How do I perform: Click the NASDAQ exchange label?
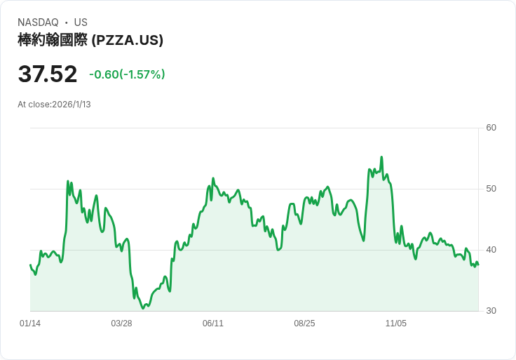coord(38,22)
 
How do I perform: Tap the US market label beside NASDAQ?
coord(81,22)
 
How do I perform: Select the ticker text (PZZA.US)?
coord(128,40)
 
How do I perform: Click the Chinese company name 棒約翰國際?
coord(53,40)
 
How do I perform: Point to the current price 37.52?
coord(48,74)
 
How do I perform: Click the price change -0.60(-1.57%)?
coord(127,74)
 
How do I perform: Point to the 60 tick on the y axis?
coord(491,128)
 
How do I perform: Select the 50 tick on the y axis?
coord(491,189)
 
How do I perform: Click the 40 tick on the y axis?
coord(491,250)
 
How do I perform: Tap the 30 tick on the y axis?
coord(491,311)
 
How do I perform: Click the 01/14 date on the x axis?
coord(30,324)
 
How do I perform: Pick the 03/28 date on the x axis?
coord(121,324)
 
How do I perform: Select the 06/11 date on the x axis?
coord(213,324)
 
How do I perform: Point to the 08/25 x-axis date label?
coord(304,324)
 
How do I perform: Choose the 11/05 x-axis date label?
coord(396,324)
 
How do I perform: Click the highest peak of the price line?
coord(381,157)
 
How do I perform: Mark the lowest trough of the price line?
coord(143,307)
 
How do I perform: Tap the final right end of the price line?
coord(478,265)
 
